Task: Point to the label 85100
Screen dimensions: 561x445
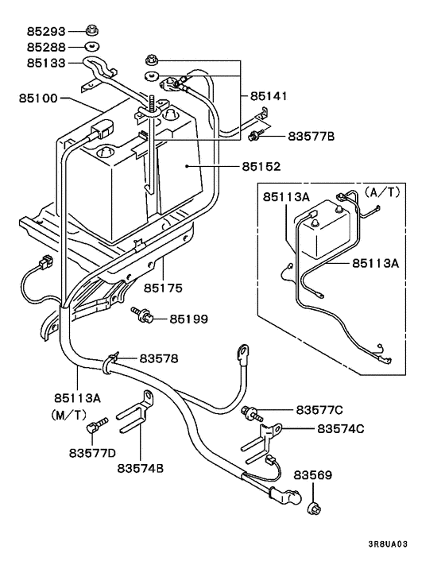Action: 39,99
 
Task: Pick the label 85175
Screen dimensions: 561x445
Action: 163,284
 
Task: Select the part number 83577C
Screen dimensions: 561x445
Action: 319,410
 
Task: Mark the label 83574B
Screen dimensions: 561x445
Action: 140,468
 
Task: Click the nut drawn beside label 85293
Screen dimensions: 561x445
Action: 91,31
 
